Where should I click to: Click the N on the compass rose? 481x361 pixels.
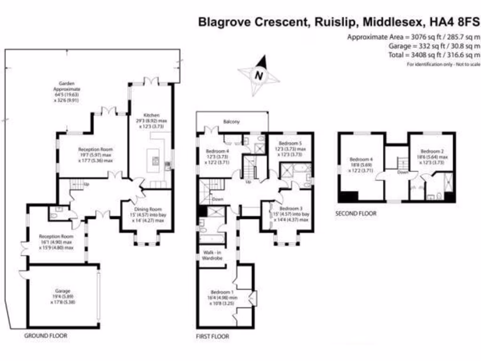pyautogui.click(x=257, y=74)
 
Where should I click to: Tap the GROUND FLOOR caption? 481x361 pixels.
pyautogui.click(x=46, y=336)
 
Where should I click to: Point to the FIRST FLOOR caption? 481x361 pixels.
pyautogui.click(x=212, y=337)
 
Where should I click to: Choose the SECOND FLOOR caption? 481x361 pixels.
pyautogui.click(x=356, y=213)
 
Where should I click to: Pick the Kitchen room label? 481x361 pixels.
pyautogui.click(x=152, y=115)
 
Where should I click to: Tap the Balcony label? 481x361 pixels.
pyautogui.click(x=231, y=122)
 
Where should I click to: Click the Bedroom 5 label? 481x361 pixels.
pyautogui.click(x=289, y=143)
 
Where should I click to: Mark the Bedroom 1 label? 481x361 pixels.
pyautogui.click(x=220, y=292)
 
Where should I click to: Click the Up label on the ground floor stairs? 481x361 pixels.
pyautogui.click(x=86, y=184)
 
